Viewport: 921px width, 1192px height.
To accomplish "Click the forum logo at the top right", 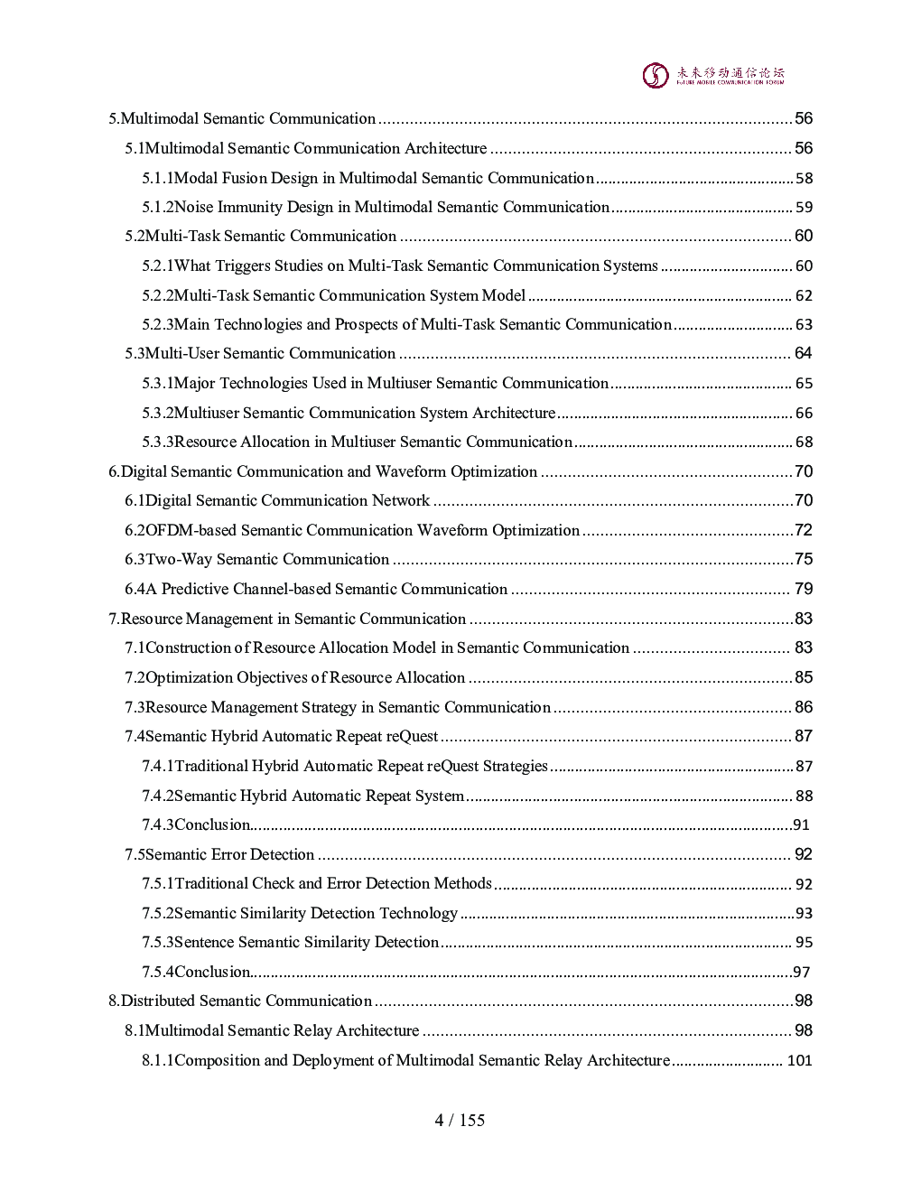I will pos(712,75).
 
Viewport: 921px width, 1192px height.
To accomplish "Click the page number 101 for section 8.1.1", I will pos(799,1060).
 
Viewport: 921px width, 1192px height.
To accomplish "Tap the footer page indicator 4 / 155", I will pos(460,1120).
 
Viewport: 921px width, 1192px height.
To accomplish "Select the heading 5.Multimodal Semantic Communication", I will pos(242,118).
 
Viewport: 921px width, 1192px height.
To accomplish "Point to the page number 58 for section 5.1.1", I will pos(804,179).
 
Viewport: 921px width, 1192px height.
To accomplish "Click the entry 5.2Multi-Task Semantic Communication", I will pos(261,236).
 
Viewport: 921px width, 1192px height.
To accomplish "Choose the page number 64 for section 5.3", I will pos(803,353).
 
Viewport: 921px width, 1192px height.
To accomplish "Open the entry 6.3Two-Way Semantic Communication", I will pos(257,559).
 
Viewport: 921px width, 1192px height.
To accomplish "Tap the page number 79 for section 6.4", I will pos(803,589).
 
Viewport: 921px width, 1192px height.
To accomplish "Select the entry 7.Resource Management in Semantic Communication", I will pos(287,619).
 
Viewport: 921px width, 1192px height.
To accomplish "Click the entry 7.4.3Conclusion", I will pos(196,824).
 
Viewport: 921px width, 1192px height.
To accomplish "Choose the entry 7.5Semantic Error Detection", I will pos(219,854).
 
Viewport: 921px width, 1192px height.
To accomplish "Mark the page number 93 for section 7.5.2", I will pos(804,913).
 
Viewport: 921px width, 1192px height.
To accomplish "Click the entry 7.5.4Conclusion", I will pos(196,972).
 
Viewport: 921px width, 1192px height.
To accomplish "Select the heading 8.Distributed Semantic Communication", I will pos(240,1001).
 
